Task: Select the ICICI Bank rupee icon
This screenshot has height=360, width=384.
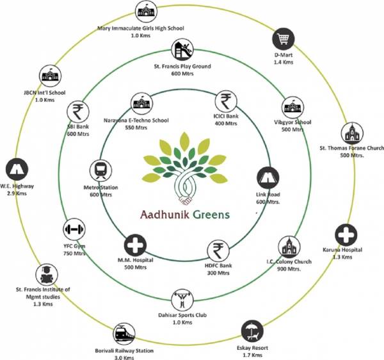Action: pos(225,101)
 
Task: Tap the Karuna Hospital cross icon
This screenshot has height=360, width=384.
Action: pos(344,234)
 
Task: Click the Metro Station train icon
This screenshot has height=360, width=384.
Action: pos(100,170)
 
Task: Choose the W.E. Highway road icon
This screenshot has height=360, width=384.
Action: pos(15,170)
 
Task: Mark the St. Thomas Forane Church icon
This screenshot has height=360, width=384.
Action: pos(351,133)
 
